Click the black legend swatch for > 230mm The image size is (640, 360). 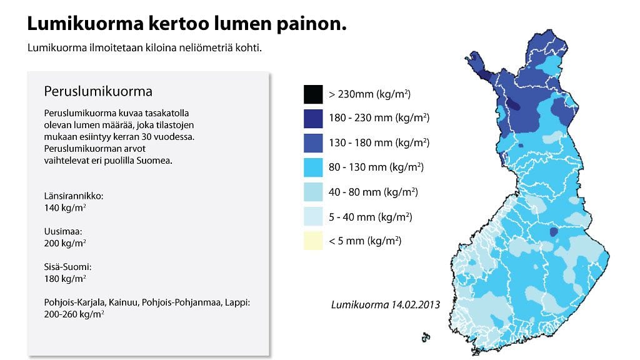(x=312, y=94)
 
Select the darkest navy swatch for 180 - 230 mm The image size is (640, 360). (x=312, y=119)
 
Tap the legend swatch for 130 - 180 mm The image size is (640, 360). (x=312, y=143)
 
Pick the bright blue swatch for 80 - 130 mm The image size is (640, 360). (x=312, y=167)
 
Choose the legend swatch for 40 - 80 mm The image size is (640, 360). (x=312, y=192)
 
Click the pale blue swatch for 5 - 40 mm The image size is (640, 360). (x=312, y=217)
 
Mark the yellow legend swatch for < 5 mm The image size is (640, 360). (x=312, y=241)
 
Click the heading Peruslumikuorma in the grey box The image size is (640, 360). (x=98, y=91)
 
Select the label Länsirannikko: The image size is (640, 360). (x=74, y=196)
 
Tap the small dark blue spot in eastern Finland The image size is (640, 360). (x=554, y=232)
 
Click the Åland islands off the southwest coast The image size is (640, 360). (x=426, y=337)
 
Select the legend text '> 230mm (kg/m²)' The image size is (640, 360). (x=369, y=94)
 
